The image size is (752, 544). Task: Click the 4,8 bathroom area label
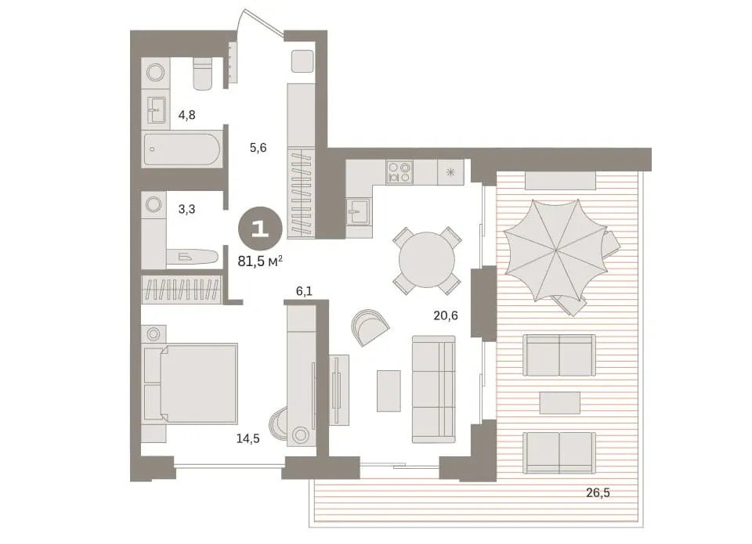(186, 115)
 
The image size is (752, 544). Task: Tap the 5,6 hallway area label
(258, 148)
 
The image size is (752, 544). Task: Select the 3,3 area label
(186, 209)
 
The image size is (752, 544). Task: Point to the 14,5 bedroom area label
(248, 438)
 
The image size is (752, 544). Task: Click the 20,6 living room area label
(446, 315)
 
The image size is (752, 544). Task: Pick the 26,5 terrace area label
(598, 492)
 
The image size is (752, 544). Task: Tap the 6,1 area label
(304, 291)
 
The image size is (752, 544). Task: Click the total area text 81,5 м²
(260, 261)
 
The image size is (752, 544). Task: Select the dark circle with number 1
(260, 229)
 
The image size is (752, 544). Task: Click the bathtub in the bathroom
(182, 149)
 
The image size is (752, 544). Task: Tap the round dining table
(427, 260)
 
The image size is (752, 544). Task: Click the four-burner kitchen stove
(400, 172)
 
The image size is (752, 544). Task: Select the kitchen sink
(358, 212)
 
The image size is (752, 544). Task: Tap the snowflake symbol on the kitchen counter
(450, 172)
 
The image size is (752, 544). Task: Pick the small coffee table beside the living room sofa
(389, 391)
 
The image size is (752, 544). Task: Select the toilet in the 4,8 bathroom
(202, 74)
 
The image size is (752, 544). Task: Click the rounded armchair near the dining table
(369, 327)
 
